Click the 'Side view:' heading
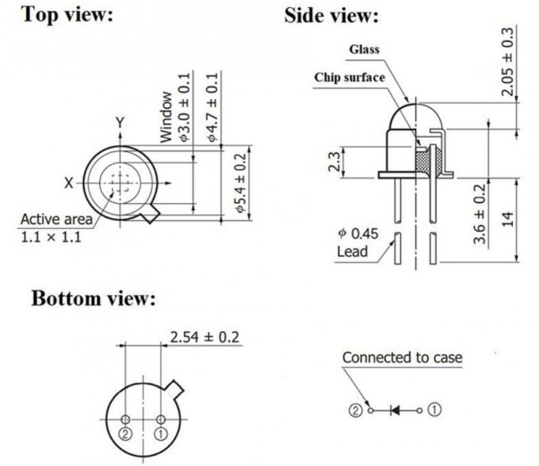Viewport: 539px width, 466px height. click(x=331, y=15)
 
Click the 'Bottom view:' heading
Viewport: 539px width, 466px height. click(x=94, y=299)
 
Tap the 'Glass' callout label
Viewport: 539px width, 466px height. click(x=365, y=49)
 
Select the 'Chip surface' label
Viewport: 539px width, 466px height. click(x=350, y=77)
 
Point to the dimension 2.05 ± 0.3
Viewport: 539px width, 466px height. click(x=507, y=61)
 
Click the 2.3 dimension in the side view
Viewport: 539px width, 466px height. click(x=334, y=163)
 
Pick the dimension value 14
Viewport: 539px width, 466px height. click(x=508, y=218)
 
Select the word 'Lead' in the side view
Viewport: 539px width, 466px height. click(x=353, y=251)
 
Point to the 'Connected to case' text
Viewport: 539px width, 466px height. click(x=402, y=357)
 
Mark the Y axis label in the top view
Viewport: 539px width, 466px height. click(x=120, y=123)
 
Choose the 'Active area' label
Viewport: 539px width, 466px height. click(x=56, y=219)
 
